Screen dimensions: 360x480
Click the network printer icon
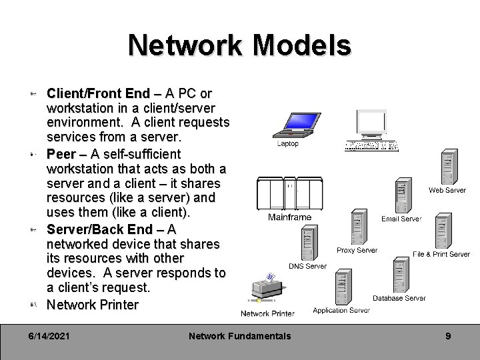[265, 290]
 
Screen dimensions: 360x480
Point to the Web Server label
[447, 190]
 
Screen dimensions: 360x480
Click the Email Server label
[401, 219]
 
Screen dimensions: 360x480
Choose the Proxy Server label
[357, 251]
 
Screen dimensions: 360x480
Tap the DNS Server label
[307, 266]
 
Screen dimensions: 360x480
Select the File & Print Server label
[441, 254]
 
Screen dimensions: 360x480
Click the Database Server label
[399, 298]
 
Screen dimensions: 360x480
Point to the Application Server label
[341, 310]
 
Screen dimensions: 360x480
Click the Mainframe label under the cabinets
[289, 217]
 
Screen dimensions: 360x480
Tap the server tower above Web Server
[449, 167]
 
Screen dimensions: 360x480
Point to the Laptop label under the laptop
[287, 143]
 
